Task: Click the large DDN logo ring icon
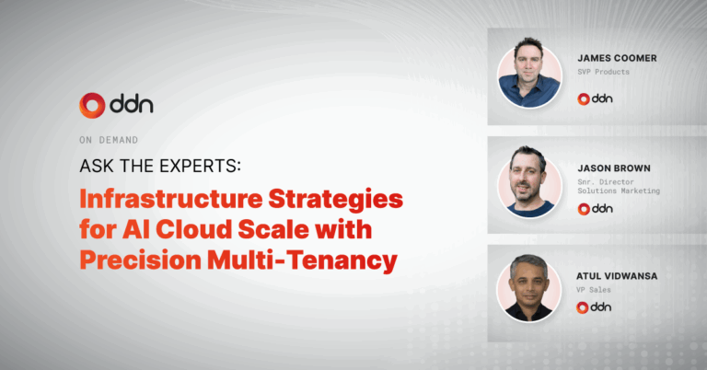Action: click(92, 106)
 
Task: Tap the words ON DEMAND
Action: click(109, 140)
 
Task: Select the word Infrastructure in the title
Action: click(171, 199)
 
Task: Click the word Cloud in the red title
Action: click(194, 229)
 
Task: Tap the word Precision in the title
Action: click(140, 260)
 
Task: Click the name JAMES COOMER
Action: click(617, 58)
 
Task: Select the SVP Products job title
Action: click(603, 72)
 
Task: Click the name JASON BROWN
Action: click(614, 168)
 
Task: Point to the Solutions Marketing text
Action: click(619, 191)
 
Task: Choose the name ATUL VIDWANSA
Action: click(617, 276)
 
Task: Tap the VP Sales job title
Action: click(594, 290)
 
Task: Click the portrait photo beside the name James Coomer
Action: click(530, 74)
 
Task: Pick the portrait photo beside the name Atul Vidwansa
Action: click(529, 289)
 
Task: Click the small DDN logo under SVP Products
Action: click(596, 98)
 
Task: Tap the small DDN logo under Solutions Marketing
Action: click(596, 209)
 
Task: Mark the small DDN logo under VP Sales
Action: click(594, 307)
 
